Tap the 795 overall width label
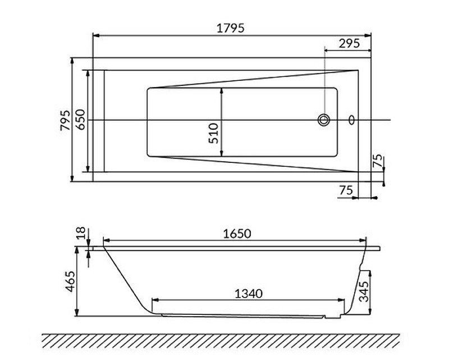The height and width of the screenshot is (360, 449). point(65,120)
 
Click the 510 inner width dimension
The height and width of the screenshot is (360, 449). point(214,133)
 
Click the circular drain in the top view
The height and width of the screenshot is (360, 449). point(324,120)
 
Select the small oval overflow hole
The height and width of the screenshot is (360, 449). point(352,120)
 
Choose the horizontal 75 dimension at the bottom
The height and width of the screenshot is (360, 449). point(346,190)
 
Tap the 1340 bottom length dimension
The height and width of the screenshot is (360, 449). point(249,293)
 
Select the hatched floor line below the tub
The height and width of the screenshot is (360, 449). point(221,339)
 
